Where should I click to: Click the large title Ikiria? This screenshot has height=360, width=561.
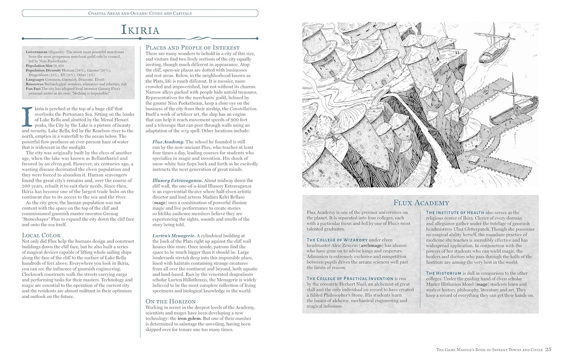pos(140,30)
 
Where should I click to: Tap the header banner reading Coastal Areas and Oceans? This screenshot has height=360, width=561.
pos(140,13)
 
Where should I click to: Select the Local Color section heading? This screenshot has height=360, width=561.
pos(41,235)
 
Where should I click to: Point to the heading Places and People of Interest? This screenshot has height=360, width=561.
pos(193,47)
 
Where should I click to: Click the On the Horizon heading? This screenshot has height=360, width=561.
pos(171,301)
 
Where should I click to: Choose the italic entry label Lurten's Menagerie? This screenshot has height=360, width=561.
pos(174,236)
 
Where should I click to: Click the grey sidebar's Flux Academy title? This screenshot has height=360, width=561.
pos(421,203)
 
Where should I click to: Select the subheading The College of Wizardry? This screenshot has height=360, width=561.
pos(337,240)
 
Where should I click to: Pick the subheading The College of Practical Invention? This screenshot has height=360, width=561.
pos(350,279)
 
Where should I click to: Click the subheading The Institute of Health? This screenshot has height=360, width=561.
pos(455,212)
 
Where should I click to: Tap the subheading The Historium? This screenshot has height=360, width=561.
pos(444,273)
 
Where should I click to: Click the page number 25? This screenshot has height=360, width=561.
pos(548,350)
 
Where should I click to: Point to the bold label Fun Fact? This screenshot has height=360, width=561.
pos(33,89)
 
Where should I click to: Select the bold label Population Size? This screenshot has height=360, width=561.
pos(39,66)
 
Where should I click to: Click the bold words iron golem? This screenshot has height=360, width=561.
pos(189,319)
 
